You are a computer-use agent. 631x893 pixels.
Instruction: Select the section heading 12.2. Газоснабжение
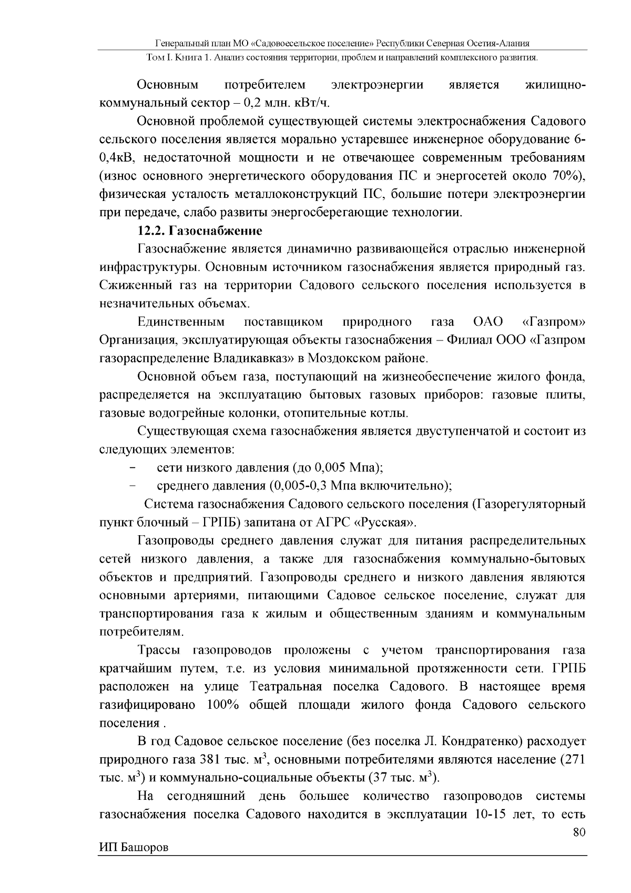(199, 231)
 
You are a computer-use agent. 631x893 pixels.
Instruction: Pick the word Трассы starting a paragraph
(159, 651)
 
